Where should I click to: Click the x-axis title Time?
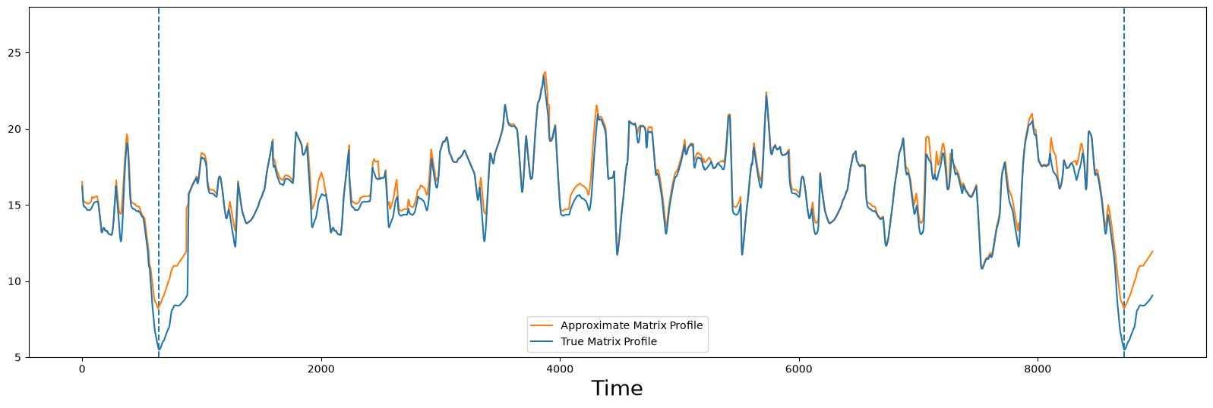point(617,388)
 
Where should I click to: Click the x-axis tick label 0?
point(82,369)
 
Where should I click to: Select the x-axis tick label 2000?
point(321,369)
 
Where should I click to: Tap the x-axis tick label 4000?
point(560,369)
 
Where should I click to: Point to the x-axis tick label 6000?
point(799,369)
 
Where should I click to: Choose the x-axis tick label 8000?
point(1038,369)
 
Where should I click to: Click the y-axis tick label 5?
point(18,358)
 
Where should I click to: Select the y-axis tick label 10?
point(15,281)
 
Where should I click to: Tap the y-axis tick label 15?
point(15,206)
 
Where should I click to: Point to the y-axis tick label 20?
point(15,129)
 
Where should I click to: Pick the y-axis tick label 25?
point(15,53)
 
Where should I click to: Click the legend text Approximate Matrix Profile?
point(631,325)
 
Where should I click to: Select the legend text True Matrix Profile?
point(608,341)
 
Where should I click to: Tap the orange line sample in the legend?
point(542,325)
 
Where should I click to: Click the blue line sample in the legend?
point(542,341)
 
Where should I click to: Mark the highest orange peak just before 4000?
point(545,72)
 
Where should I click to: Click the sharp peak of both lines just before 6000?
point(766,93)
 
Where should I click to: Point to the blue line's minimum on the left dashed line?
point(159,349)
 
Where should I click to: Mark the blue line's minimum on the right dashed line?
point(1123,349)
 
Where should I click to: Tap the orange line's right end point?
point(1152,251)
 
